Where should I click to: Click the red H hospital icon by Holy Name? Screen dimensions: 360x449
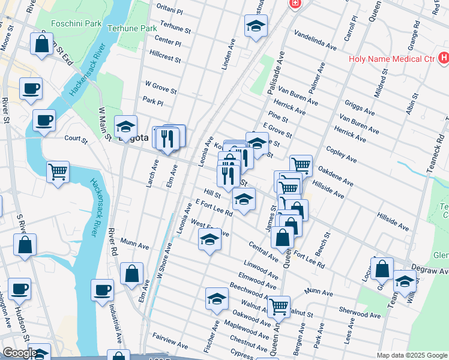coord(444,58)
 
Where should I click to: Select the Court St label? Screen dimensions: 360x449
coord(76,139)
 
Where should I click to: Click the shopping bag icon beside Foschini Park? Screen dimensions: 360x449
coord(41,44)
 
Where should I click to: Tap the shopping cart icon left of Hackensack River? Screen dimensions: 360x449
coord(58,172)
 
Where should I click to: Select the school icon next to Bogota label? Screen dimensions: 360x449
coord(125,127)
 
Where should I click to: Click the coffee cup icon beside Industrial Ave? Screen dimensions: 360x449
coord(102,290)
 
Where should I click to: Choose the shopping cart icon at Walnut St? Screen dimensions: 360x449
coord(279,307)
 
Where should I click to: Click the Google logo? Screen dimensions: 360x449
coord(19,353)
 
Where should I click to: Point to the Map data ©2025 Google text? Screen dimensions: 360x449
coord(411,355)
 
